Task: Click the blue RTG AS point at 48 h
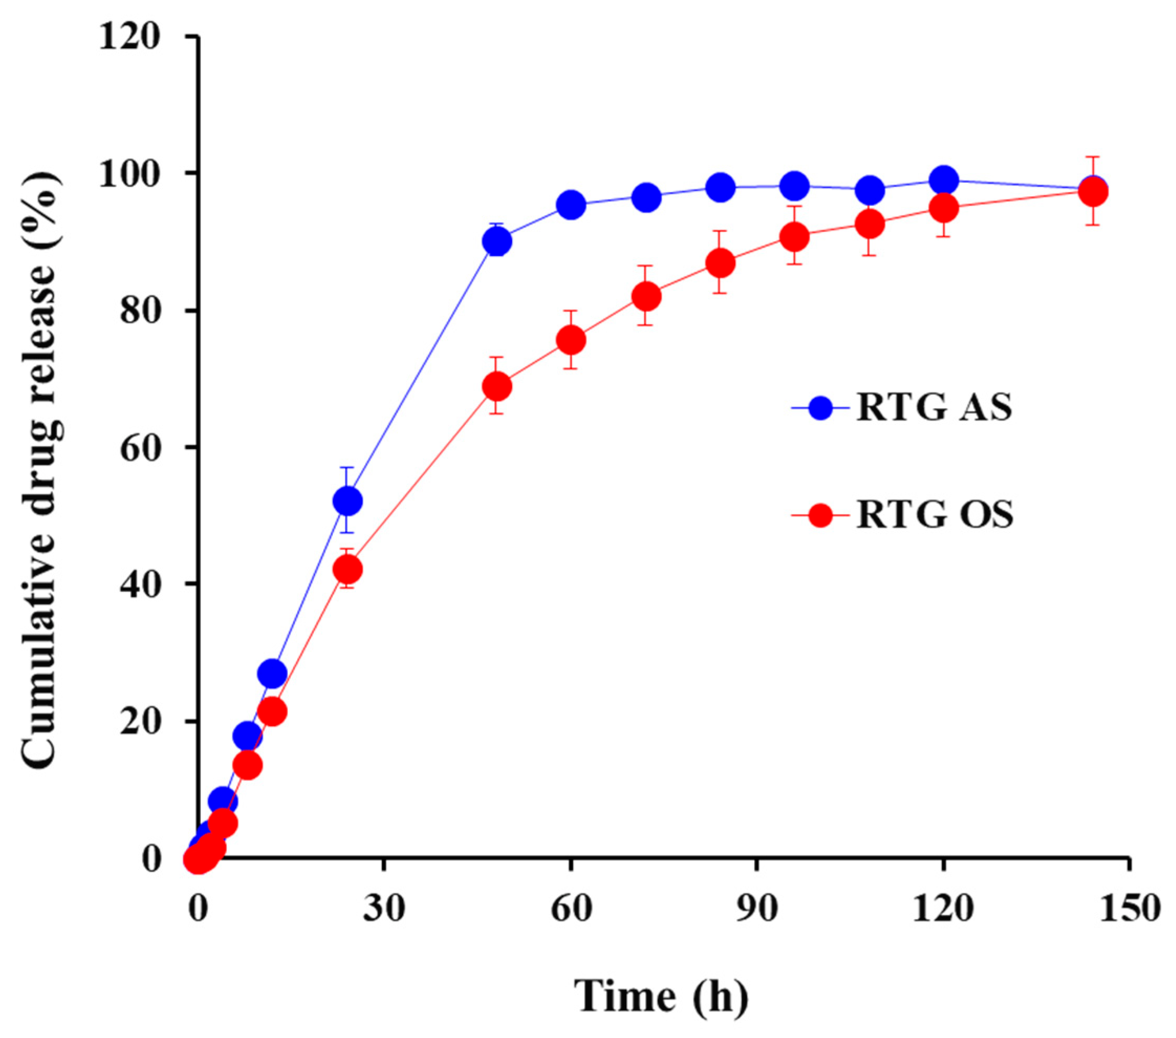[x=497, y=242]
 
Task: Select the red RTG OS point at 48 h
[x=497, y=386]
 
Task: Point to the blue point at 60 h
[x=571, y=205]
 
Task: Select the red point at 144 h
[x=1093, y=192]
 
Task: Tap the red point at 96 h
[x=794, y=237]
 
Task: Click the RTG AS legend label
[x=934, y=408]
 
